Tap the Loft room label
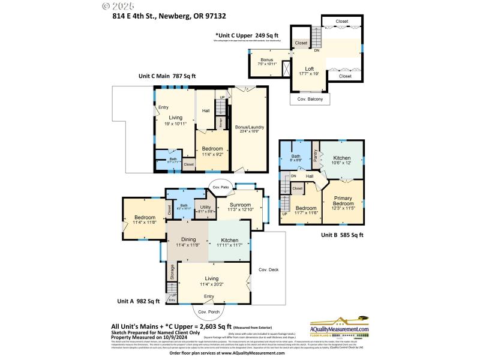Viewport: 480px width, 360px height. [x=310, y=69]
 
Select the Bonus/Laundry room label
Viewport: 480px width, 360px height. [x=250, y=127]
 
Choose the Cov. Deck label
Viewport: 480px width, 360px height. [x=269, y=269]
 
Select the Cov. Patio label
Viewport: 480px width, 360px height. [x=221, y=187]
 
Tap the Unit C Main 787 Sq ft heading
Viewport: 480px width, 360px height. [x=167, y=76]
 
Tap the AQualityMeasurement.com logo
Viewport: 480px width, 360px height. [x=340, y=328]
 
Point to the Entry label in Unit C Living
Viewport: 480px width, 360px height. [x=163, y=107]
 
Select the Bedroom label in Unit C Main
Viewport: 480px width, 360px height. [x=212, y=148]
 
